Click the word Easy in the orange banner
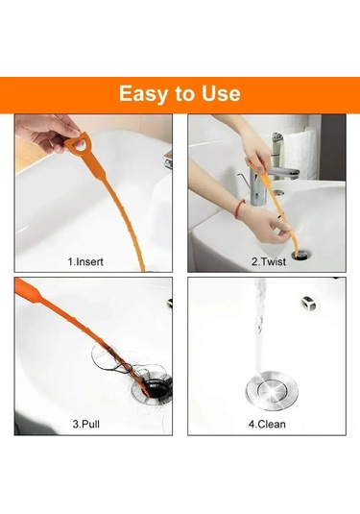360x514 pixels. tap(144, 94)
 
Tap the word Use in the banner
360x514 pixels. tap(221, 93)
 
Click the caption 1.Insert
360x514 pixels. tap(85, 261)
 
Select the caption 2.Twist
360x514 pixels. tap(269, 261)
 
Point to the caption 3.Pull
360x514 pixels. tap(86, 425)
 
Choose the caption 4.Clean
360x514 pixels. tap(267, 425)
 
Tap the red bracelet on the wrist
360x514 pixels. tap(240, 207)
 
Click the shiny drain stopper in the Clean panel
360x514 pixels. tap(272, 389)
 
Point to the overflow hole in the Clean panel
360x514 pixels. tap(308, 303)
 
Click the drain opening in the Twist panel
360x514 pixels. tap(301, 255)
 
